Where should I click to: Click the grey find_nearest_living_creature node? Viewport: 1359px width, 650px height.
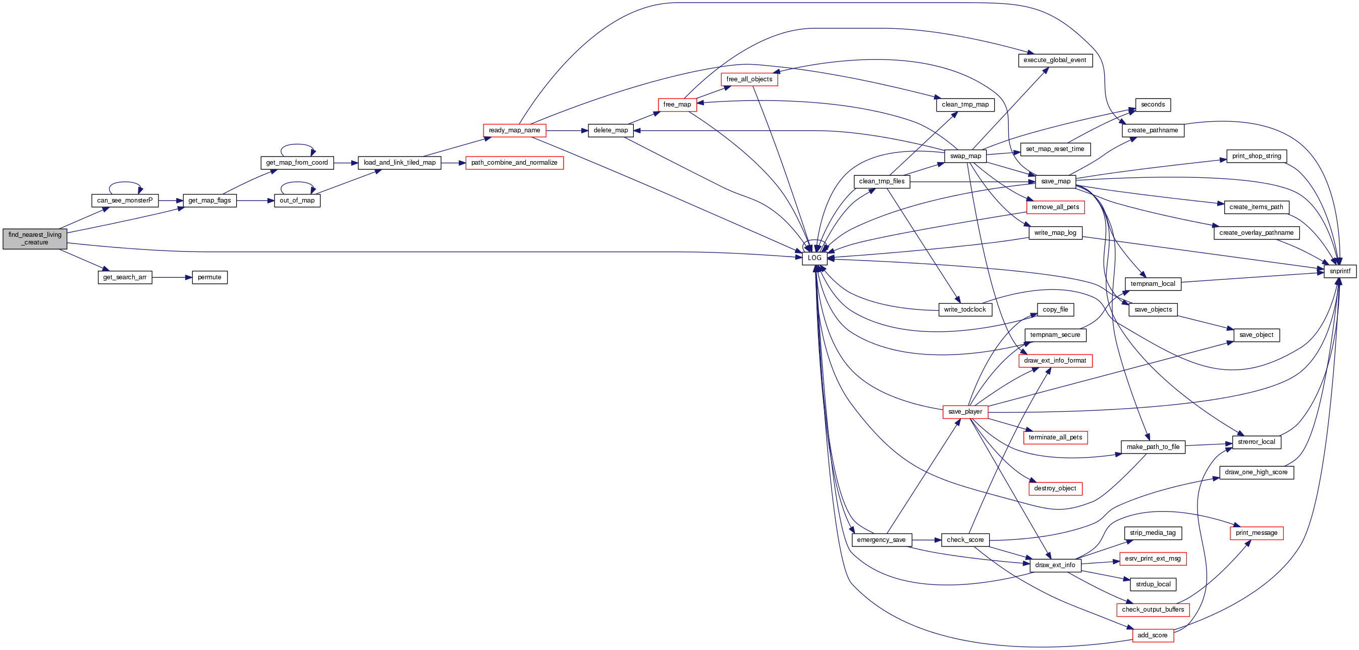pyautogui.click(x=35, y=239)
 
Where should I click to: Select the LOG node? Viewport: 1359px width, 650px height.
pyautogui.click(x=814, y=258)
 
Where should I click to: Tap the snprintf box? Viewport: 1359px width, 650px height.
pyautogui.click(x=1340, y=271)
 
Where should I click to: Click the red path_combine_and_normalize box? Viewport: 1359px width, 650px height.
pyautogui.click(x=514, y=163)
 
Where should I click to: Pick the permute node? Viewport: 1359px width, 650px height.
pyautogui.click(x=209, y=277)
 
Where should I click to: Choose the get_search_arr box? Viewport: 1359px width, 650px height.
pyautogui.click(x=125, y=277)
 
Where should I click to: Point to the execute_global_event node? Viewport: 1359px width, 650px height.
pyautogui.click(x=1055, y=60)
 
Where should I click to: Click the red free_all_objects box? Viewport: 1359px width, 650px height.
pyautogui.click(x=749, y=79)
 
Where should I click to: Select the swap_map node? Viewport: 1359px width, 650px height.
pyautogui.click(x=965, y=156)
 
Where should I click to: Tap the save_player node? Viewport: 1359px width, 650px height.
pyautogui.click(x=965, y=412)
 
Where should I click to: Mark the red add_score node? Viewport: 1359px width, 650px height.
pyautogui.click(x=1153, y=636)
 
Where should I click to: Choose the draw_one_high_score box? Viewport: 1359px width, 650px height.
pyautogui.click(x=1256, y=473)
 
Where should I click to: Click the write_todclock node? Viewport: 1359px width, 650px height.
pyautogui.click(x=965, y=310)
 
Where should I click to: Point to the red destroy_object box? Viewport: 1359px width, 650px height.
pyautogui.click(x=1055, y=489)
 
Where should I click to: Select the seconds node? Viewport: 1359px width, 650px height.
pyautogui.click(x=1153, y=105)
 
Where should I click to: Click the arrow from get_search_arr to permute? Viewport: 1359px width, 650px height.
pyautogui.click(x=172, y=277)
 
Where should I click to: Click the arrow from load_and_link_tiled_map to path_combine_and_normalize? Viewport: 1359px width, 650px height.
pyautogui.click(x=453, y=163)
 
